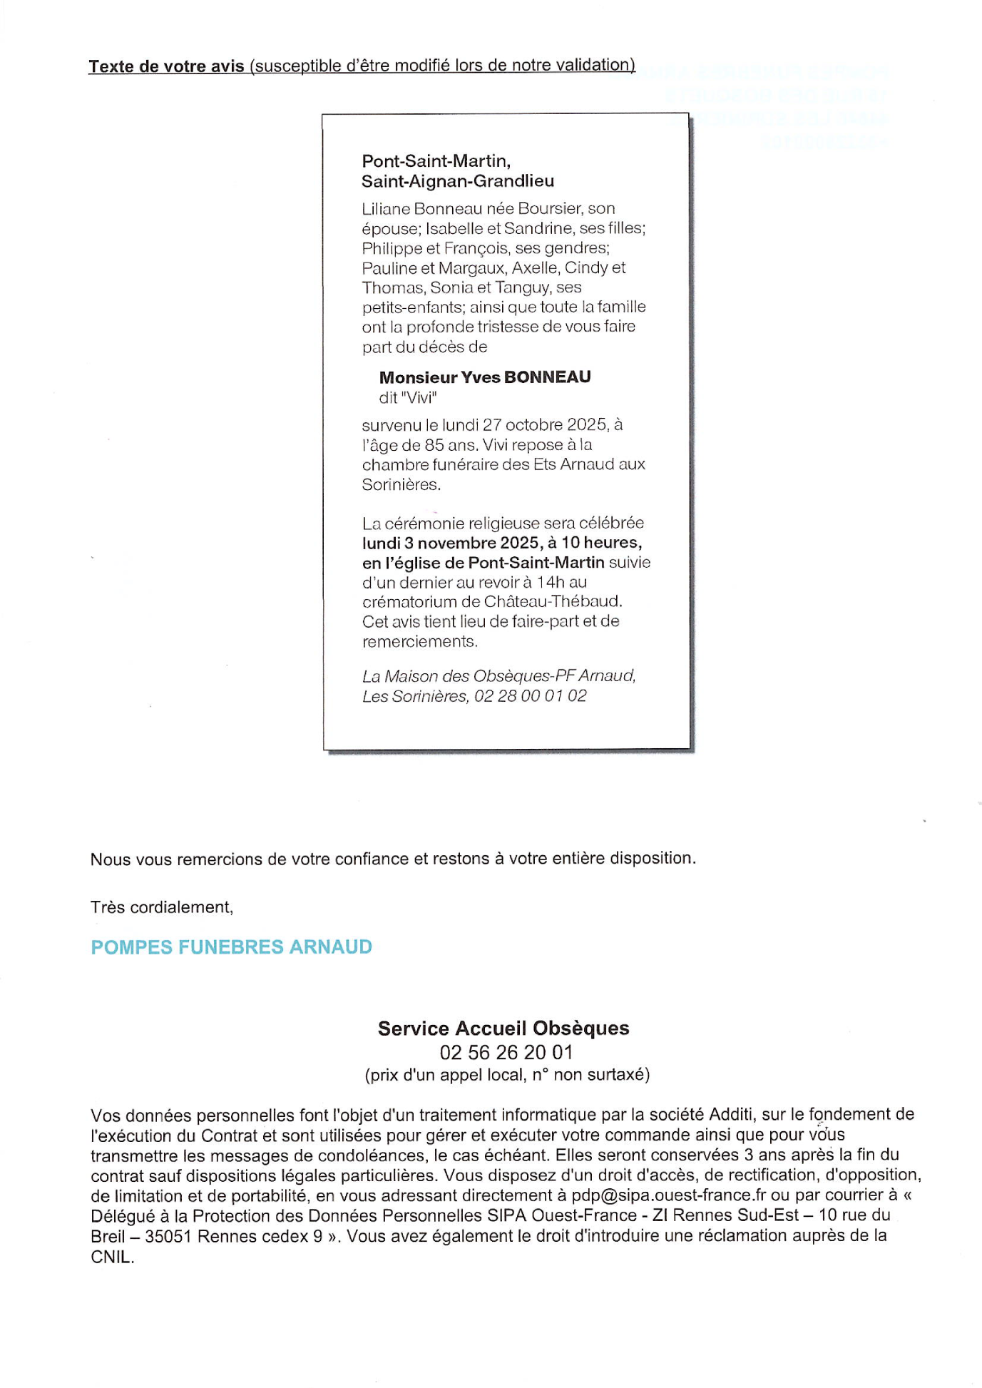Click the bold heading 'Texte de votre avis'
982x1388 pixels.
click(166, 66)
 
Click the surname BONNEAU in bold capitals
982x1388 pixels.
click(547, 377)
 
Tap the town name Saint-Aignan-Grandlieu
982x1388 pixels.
click(457, 181)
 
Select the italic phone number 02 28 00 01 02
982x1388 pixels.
click(530, 696)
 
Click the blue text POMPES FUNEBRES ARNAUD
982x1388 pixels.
click(231, 947)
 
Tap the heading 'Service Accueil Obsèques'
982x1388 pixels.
click(503, 1029)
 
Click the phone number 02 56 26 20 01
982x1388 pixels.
click(506, 1053)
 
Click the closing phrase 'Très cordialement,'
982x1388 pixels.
click(162, 907)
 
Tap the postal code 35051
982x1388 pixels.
click(168, 1237)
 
